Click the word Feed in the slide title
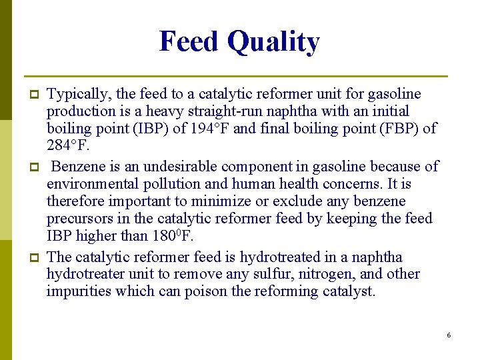(190, 41)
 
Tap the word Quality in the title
(273, 43)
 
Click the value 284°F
(68, 146)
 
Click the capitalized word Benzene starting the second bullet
(79, 166)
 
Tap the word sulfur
(275, 274)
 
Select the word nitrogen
(326, 274)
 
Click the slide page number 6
(449, 335)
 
